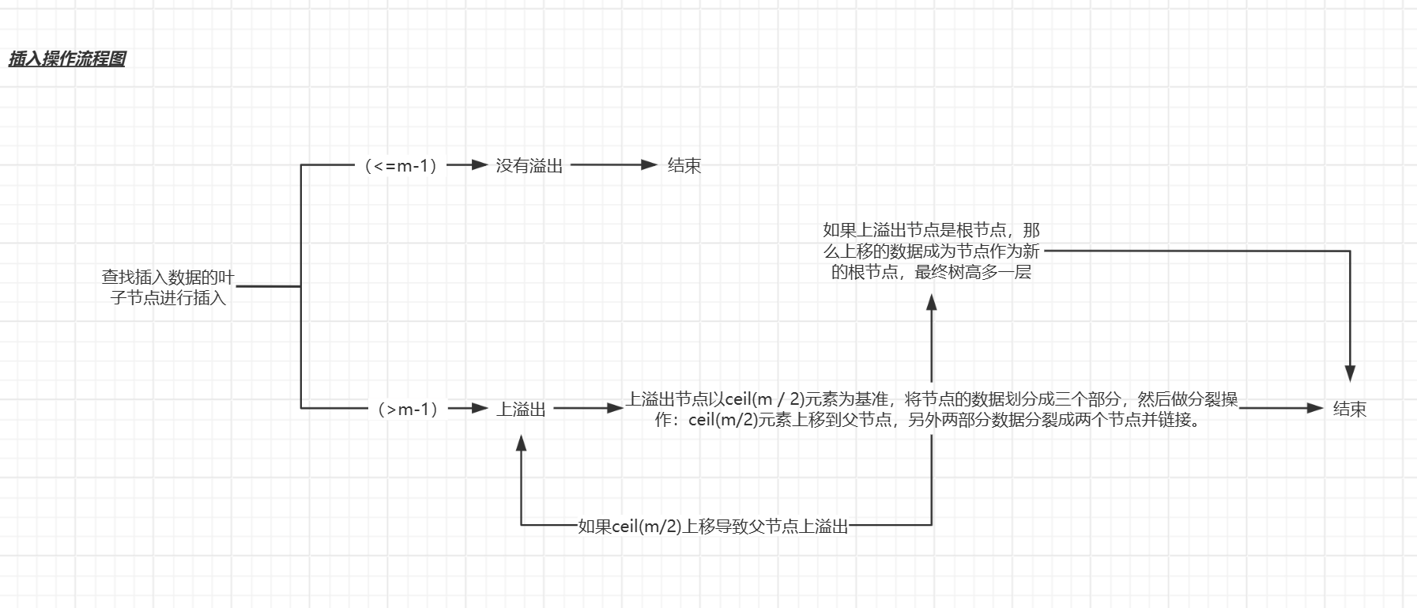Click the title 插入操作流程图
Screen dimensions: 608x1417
[x=67, y=59]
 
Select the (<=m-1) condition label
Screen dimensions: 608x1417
[x=401, y=166]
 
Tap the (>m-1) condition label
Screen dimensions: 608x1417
[x=408, y=410]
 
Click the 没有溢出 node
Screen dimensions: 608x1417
[x=529, y=166]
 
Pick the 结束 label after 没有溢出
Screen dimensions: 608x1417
[x=684, y=166]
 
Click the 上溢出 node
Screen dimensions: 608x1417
[x=521, y=410]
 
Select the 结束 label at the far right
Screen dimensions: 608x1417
[x=1349, y=410]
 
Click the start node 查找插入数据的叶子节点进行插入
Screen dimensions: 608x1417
[x=168, y=288]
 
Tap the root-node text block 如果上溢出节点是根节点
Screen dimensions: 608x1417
[x=931, y=251]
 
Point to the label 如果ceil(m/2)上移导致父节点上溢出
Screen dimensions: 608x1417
[x=713, y=527]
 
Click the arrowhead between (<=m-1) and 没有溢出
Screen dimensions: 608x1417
[x=479, y=165]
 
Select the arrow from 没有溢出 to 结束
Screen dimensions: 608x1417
[x=613, y=165]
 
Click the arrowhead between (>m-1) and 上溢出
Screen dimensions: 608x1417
[x=479, y=409]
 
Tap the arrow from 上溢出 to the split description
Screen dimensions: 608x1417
[x=588, y=409]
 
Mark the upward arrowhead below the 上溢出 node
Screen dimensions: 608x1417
[x=521, y=443]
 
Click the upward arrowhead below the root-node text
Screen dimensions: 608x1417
[x=932, y=302]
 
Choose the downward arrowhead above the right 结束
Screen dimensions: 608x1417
[x=1350, y=373]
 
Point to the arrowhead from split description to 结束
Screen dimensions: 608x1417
[x=1314, y=409]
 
